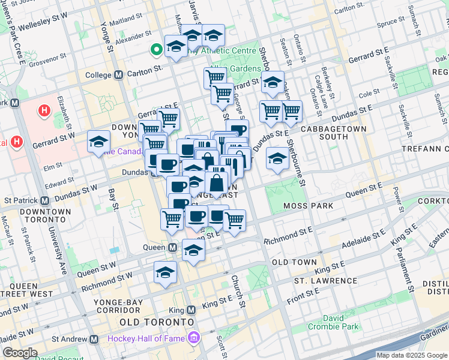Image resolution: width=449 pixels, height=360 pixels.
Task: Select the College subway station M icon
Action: click(x=118, y=75)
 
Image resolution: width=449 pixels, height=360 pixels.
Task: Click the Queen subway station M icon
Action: click(x=172, y=247)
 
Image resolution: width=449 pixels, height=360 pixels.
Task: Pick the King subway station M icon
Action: click(x=191, y=310)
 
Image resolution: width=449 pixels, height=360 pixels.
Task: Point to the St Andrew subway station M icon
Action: click(x=94, y=339)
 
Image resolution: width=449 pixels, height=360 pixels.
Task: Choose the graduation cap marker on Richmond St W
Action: click(x=165, y=272)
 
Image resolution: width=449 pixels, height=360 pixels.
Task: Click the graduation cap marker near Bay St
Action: click(x=98, y=142)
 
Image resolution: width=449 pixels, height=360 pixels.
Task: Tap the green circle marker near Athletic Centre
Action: click(x=157, y=50)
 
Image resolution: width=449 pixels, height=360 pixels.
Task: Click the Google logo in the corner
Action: click(x=20, y=353)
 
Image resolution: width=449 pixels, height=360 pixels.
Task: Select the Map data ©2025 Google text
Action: click(x=411, y=355)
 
